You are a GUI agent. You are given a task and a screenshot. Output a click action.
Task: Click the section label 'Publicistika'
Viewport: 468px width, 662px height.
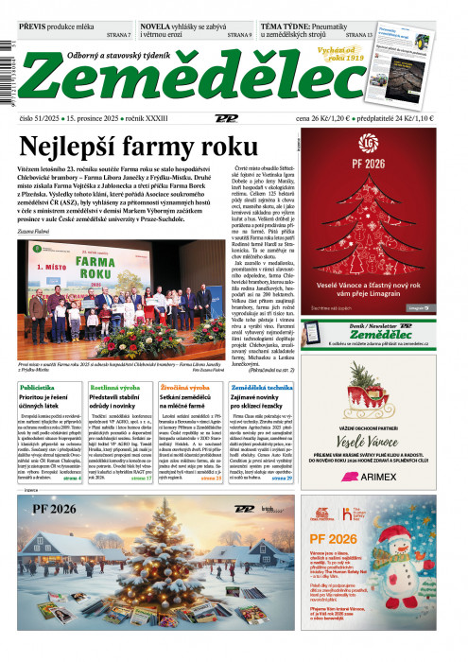37,388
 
